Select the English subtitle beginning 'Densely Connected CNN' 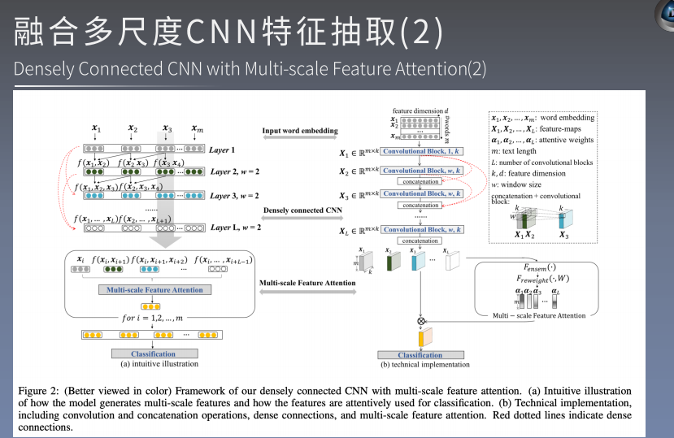click(250, 68)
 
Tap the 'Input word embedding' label click(299, 131)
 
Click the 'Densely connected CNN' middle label click(302, 210)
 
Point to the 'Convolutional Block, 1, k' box click(422, 151)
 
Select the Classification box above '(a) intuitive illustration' click(153, 353)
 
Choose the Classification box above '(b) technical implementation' click(420, 355)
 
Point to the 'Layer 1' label click(222, 150)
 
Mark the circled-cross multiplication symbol click(420, 320)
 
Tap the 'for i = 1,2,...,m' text click(153, 319)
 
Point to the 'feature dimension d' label click(419, 111)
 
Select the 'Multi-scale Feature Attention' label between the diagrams click(307, 284)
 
